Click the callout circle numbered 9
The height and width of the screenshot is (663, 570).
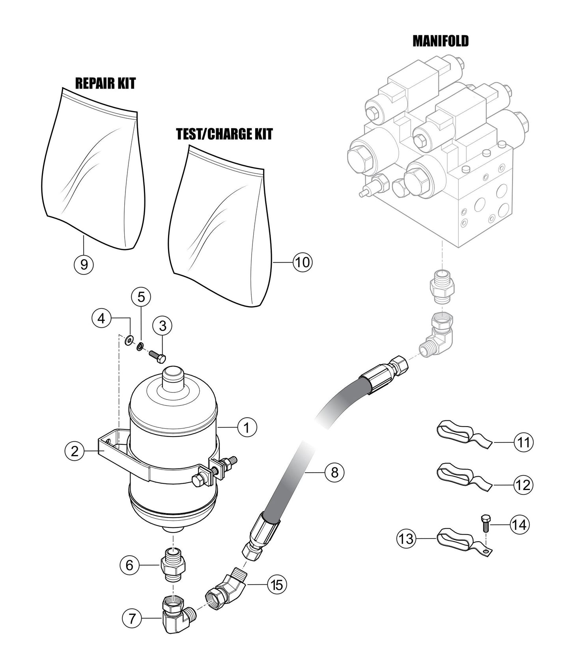tap(84, 264)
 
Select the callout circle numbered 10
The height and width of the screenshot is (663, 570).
tap(303, 262)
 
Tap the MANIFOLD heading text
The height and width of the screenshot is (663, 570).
tap(441, 41)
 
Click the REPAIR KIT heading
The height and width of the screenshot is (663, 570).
tap(105, 83)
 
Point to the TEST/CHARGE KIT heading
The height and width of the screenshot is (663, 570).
tap(224, 134)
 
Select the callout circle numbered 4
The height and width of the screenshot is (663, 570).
tap(102, 318)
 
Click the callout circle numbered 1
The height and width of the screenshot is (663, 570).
tap(247, 427)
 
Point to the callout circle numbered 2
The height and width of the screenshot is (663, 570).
tap(75, 451)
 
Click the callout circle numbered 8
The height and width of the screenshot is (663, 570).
tap(335, 472)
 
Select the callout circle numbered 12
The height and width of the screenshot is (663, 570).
tap(523, 485)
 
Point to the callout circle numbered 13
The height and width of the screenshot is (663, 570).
tap(406, 538)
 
